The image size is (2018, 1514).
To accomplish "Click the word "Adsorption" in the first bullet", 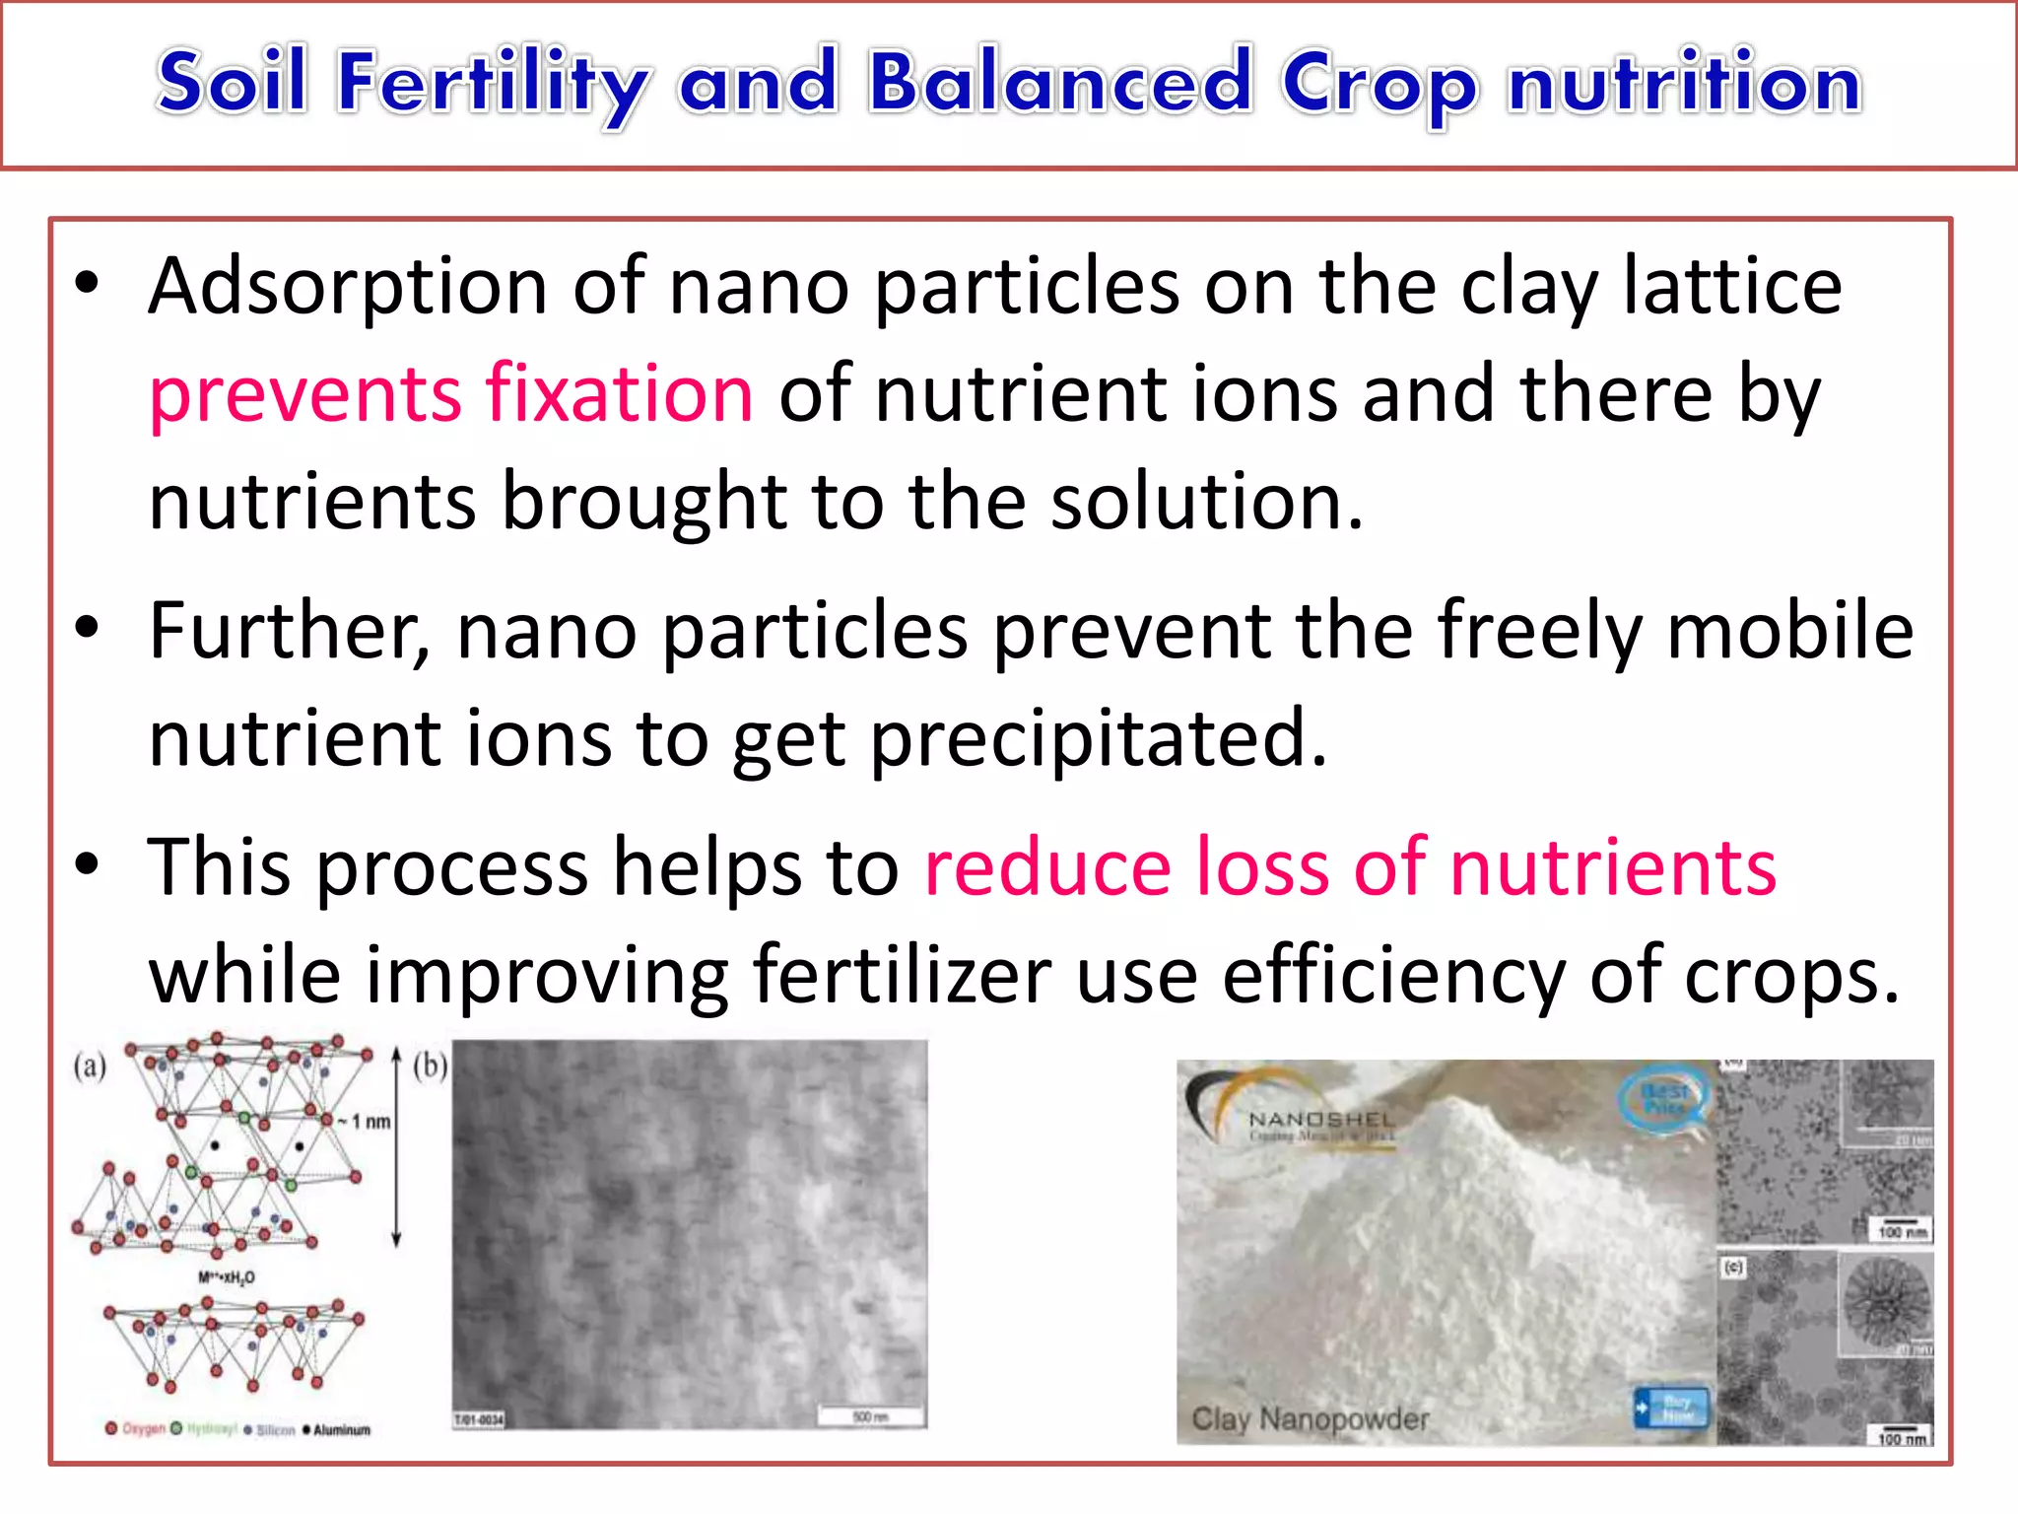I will tap(347, 288).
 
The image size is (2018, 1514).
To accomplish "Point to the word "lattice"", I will tap(1731, 286).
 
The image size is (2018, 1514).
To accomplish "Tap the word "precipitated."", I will tap(1099, 739).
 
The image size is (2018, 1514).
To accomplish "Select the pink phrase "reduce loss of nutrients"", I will tap(1350, 867).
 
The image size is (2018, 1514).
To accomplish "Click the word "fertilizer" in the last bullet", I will tap(901, 976).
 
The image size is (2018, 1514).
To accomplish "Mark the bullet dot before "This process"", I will tap(88, 864).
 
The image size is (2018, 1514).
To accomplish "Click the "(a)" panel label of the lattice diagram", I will tap(90, 1066).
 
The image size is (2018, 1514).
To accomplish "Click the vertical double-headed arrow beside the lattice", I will tap(396, 1148).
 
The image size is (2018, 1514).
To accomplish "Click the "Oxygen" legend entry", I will tap(137, 1429).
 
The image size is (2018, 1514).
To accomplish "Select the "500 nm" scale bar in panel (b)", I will tap(870, 1417).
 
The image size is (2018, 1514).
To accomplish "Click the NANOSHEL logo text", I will tap(1320, 1120).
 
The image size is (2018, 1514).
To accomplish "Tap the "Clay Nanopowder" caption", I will tap(1310, 1419).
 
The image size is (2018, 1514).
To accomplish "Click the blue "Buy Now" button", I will tap(1672, 1407).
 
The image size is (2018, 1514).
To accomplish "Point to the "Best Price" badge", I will tap(1665, 1097).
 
